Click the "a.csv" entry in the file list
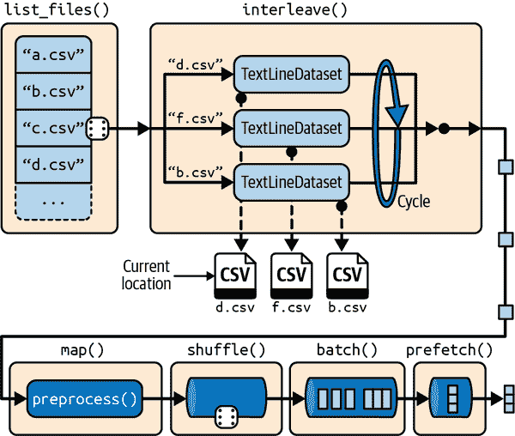click(53, 56)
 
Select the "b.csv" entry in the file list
click(53, 92)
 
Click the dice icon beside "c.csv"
click(97, 129)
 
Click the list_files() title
click(51, 9)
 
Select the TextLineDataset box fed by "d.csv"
click(292, 75)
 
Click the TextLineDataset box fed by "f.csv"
click(292, 128)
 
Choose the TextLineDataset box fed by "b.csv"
click(292, 181)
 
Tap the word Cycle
click(413, 203)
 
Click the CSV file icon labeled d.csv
click(235, 274)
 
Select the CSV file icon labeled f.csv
click(291, 274)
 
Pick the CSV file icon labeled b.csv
click(347, 274)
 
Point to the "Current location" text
click(146, 275)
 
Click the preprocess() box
click(84, 399)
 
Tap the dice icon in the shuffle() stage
click(227, 416)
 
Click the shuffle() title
click(226, 350)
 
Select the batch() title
click(347, 350)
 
